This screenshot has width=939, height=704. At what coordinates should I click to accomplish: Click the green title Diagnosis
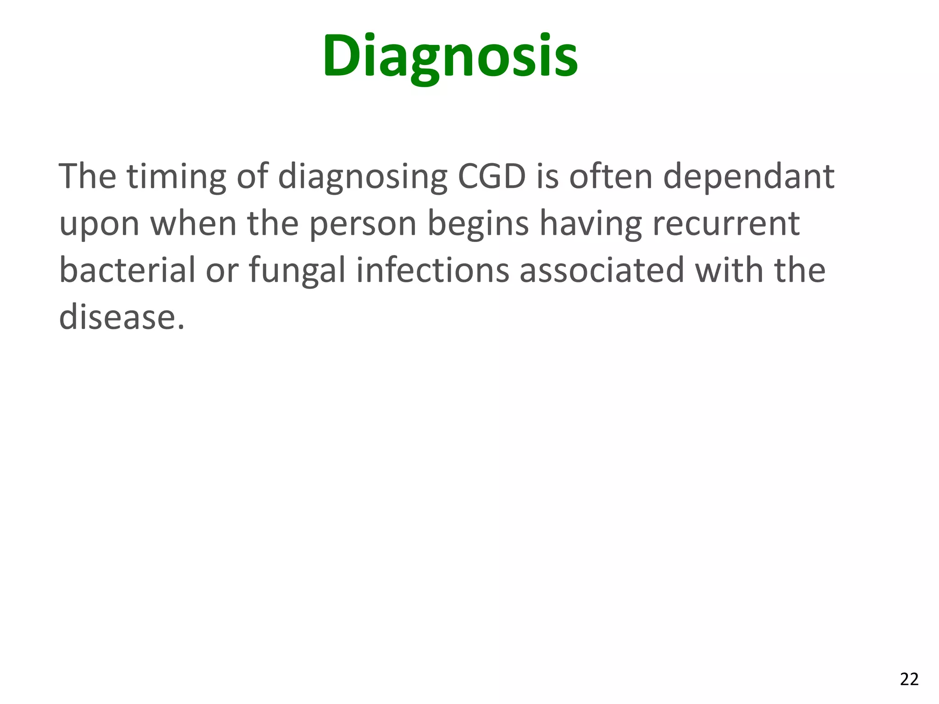pyautogui.click(x=450, y=56)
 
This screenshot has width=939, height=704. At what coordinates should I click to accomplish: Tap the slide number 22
pyautogui.click(x=909, y=679)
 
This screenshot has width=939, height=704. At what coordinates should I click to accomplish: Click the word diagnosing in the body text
pyautogui.click(x=363, y=176)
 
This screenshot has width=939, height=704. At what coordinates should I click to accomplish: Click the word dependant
pyautogui.click(x=748, y=176)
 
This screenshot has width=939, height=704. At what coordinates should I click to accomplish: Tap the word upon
pyautogui.click(x=99, y=224)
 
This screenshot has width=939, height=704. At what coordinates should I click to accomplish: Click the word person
pyautogui.click(x=363, y=224)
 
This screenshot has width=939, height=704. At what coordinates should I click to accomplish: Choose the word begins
pyautogui.click(x=478, y=224)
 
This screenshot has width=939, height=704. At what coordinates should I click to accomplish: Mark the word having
pyautogui.click(x=590, y=224)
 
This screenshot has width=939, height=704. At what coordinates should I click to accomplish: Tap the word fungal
pyautogui.click(x=297, y=271)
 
